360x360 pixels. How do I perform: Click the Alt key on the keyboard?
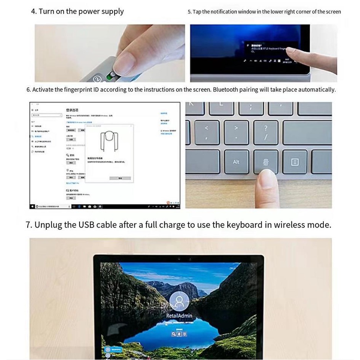click(236, 162)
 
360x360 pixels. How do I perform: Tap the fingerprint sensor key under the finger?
click(265, 162)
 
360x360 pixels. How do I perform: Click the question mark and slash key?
click(265, 132)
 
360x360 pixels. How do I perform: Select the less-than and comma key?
click(206, 132)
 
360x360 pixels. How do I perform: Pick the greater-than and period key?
click(236, 132)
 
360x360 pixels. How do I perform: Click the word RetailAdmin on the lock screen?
click(179, 316)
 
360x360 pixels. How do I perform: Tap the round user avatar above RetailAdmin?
click(179, 302)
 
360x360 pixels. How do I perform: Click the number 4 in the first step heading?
click(33, 11)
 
